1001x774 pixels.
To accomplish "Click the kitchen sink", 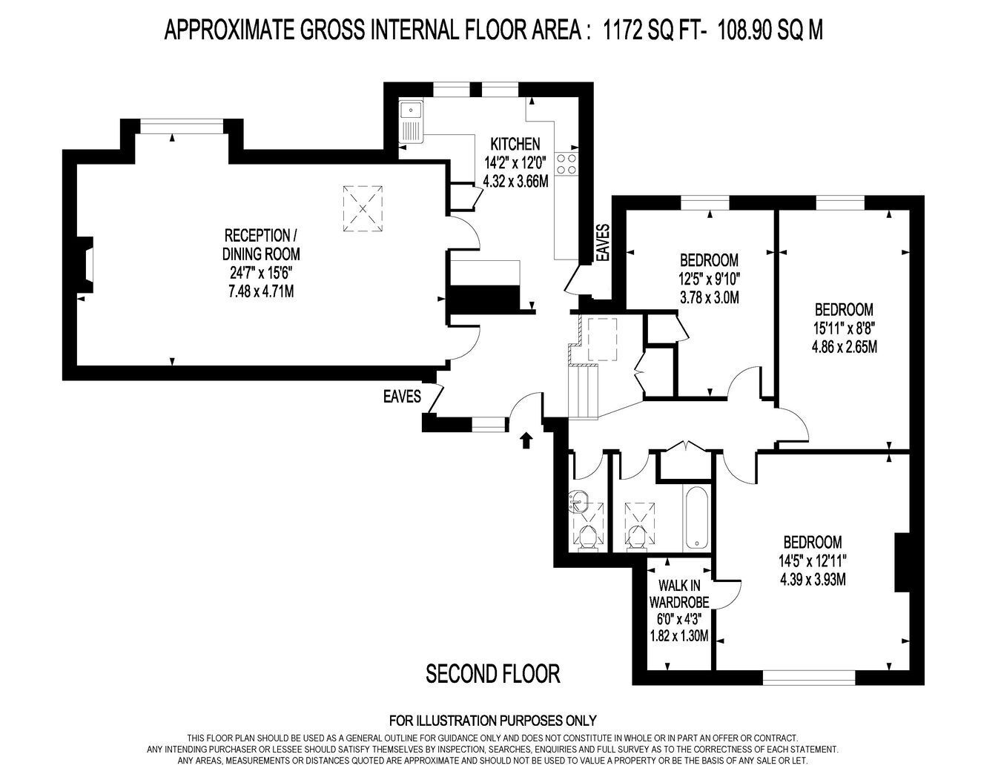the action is (411, 122).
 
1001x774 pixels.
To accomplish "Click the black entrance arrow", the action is (526, 440).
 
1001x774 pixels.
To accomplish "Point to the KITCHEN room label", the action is (515, 144).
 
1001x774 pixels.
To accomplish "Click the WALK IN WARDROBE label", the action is (679, 594).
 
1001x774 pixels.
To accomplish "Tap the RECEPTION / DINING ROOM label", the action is (261, 245).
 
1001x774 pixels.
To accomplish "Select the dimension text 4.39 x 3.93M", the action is (813, 579).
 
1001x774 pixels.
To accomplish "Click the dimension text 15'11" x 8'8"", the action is (844, 328).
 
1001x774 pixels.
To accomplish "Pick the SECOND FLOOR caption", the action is (493, 674).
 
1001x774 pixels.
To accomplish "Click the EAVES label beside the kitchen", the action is (604, 242).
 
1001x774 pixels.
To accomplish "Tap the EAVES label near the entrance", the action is (402, 397).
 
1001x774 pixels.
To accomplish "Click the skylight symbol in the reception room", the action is (363, 208).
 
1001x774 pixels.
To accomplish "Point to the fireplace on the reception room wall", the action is (86, 265).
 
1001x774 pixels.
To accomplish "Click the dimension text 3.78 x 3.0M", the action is (710, 297).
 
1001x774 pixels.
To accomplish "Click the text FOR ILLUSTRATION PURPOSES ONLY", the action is (493, 720).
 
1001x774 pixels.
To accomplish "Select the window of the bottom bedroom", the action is (809, 678).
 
